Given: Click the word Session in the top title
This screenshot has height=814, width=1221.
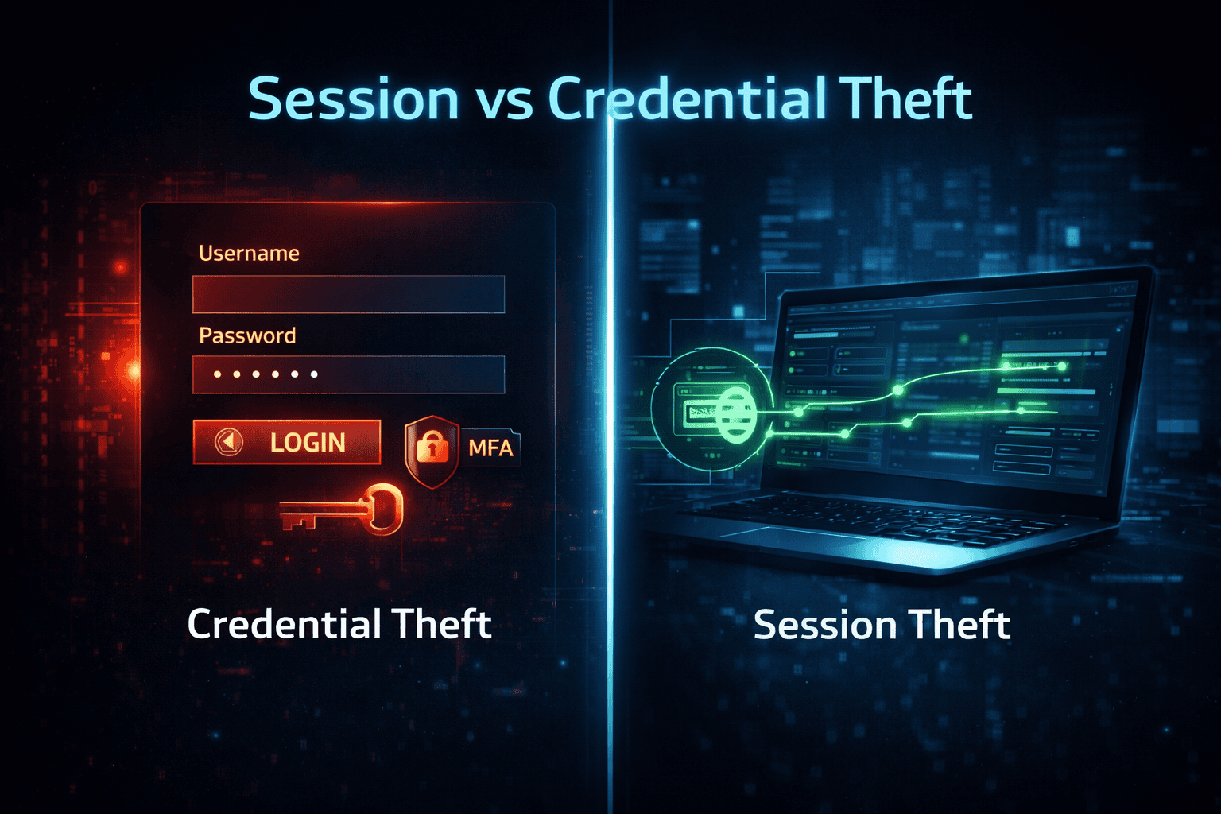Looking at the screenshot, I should click(x=354, y=99).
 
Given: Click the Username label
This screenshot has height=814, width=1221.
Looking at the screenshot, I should click(x=249, y=254).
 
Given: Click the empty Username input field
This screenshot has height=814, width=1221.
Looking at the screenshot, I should click(x=348, y=294).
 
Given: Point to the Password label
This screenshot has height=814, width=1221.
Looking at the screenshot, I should click(x=247, y=335).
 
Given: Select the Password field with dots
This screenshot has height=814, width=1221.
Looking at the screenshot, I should click(x=348, y=374).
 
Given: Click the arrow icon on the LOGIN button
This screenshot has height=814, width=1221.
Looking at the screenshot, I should click(x=229, y=442).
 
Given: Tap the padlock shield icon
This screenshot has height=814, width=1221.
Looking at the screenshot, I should click(x=432, y=449).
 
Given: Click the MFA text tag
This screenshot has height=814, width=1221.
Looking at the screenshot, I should click(x=490, y=448).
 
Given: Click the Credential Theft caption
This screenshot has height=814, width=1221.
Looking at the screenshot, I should click(x=339, y=624).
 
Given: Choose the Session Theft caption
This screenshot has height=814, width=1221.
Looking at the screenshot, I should click(x=882, y=625).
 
